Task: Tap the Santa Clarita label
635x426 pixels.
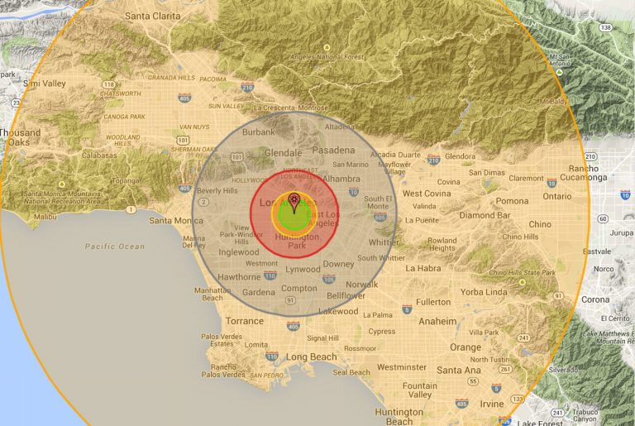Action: click(x=153, y=16)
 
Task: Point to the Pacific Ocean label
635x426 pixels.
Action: click(x=114, y=247)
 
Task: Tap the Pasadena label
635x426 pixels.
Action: click(x=333, y=151)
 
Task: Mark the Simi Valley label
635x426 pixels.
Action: click(x=44, y=84)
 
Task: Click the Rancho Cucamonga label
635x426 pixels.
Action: click(x=588, y=172)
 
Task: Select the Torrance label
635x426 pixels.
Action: click(x=244, y=321)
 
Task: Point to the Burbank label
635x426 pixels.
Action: click(x=258, y=132)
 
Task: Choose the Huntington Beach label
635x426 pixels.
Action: click(x=399, y=416)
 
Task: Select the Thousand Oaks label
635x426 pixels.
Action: click(x=20, y=137)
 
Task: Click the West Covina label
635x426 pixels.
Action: click(x=426, y=194)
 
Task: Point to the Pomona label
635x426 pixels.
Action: click(x=512, y=201)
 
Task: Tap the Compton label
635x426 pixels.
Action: click(x=298, y=289)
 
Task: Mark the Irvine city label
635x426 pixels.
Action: click(x=491, y=403)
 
